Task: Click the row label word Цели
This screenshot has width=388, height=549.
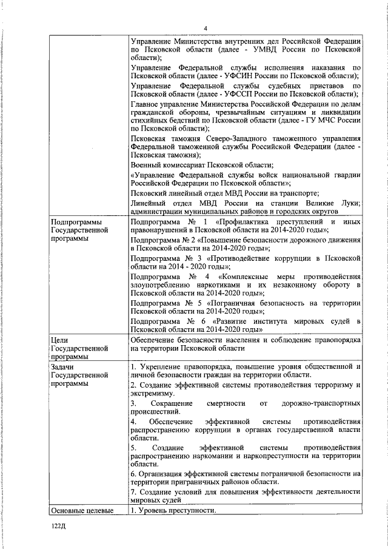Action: [61, 340]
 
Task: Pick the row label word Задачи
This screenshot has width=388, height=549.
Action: [65, 368]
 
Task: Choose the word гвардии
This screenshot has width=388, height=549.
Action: [346, 175]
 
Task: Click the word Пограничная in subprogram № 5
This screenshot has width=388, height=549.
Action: [230, 303]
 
